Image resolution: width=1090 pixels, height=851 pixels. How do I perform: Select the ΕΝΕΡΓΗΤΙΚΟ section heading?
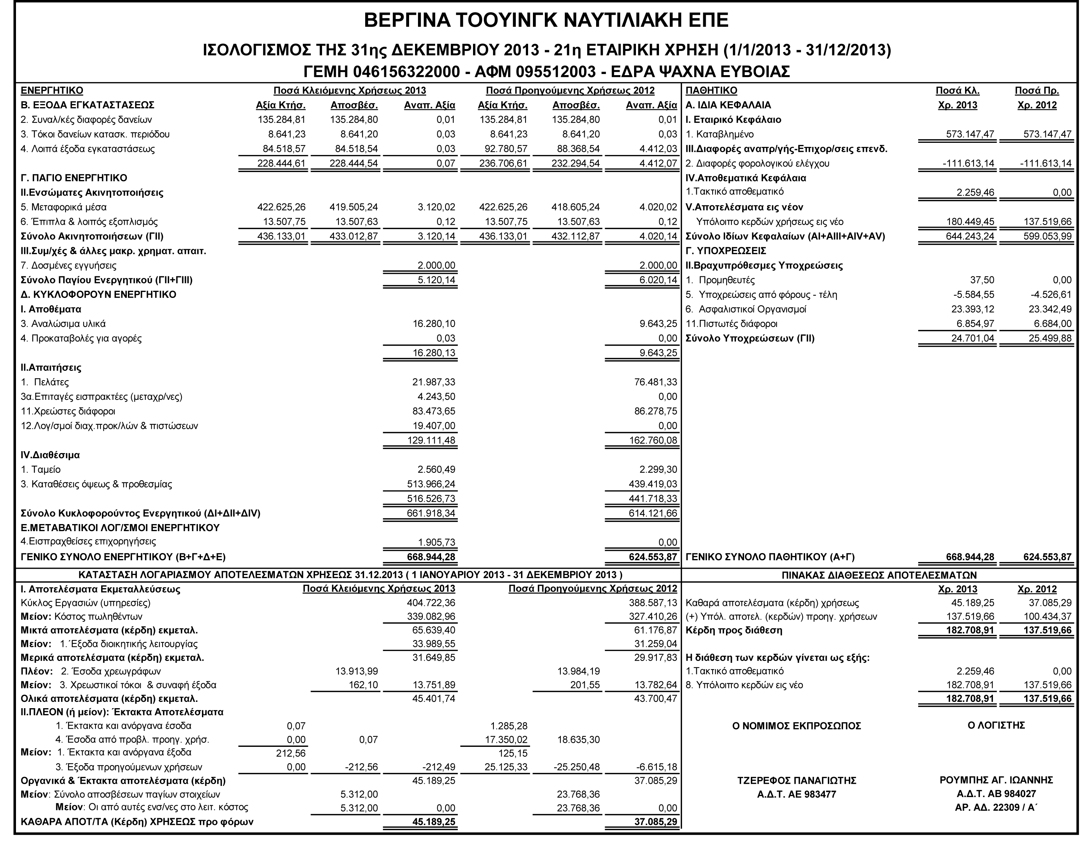[x=52, y=90]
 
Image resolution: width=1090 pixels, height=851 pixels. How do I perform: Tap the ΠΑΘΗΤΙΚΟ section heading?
[x=711, y=90]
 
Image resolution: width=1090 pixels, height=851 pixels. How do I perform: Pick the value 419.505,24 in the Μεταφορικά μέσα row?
[x=354, y=207]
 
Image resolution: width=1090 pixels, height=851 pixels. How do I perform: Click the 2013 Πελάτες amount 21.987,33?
[x=431, y=382]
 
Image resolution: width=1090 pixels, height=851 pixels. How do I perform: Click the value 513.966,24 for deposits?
[x=431, y=484]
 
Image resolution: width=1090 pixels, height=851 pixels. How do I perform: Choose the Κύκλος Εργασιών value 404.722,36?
[x=431, y=603]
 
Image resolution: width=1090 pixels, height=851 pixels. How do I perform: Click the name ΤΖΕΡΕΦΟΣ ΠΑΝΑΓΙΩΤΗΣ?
[x=797, y=781]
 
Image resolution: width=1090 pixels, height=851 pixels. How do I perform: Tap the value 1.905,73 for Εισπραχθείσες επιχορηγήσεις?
[x=436, y=543]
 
